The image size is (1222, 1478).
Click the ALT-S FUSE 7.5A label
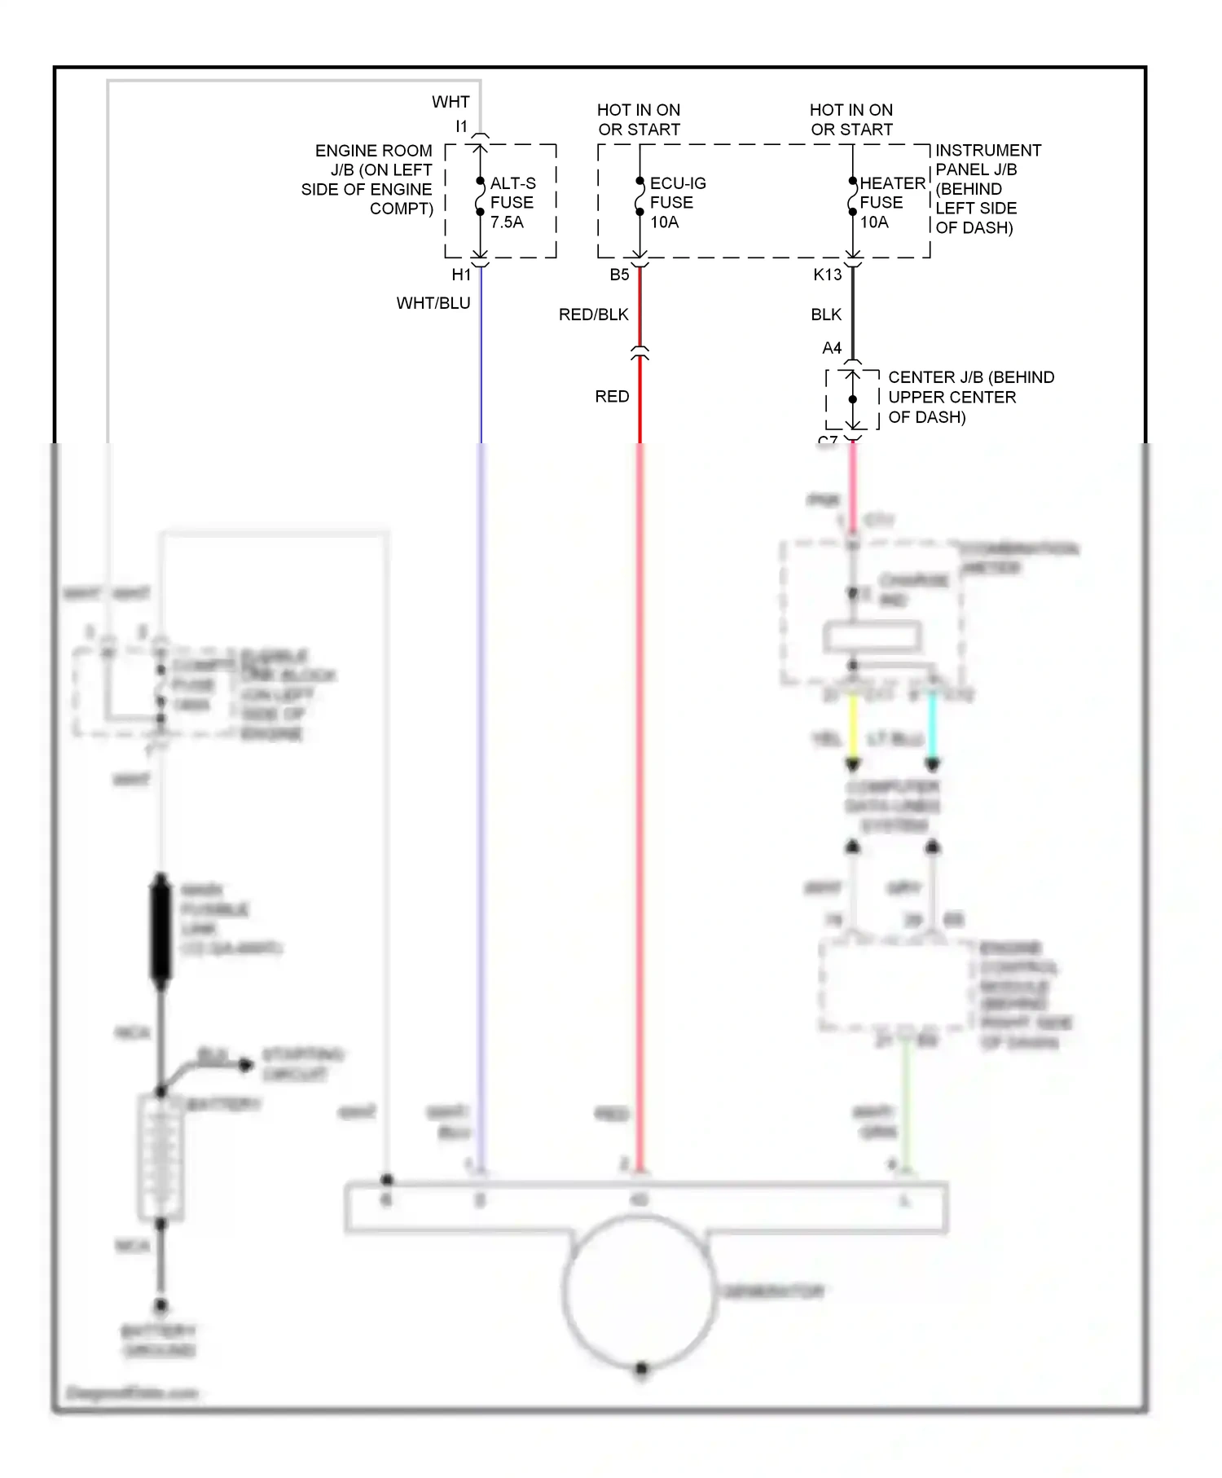point(512,202)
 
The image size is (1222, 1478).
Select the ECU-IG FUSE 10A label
point(676,202)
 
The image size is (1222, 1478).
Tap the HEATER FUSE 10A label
point(891,202)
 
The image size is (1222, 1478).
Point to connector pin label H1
point(461,275)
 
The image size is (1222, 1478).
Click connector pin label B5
point(619,275)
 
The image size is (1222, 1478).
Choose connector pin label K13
point(827,275)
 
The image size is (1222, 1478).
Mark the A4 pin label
point(831,348)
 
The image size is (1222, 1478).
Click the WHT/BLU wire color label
point(433,303)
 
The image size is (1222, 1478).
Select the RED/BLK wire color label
point(593,315)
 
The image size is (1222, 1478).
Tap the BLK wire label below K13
point(826,315)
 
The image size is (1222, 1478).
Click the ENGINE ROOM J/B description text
point(368,179)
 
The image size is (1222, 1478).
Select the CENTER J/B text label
point(969,397)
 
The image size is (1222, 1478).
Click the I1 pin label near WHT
point(461,126)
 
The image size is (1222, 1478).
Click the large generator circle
point(640,1291)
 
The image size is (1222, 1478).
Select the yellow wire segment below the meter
point(853,725)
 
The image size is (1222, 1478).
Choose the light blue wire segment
point(933,725)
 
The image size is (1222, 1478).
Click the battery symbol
point(160,1157)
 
